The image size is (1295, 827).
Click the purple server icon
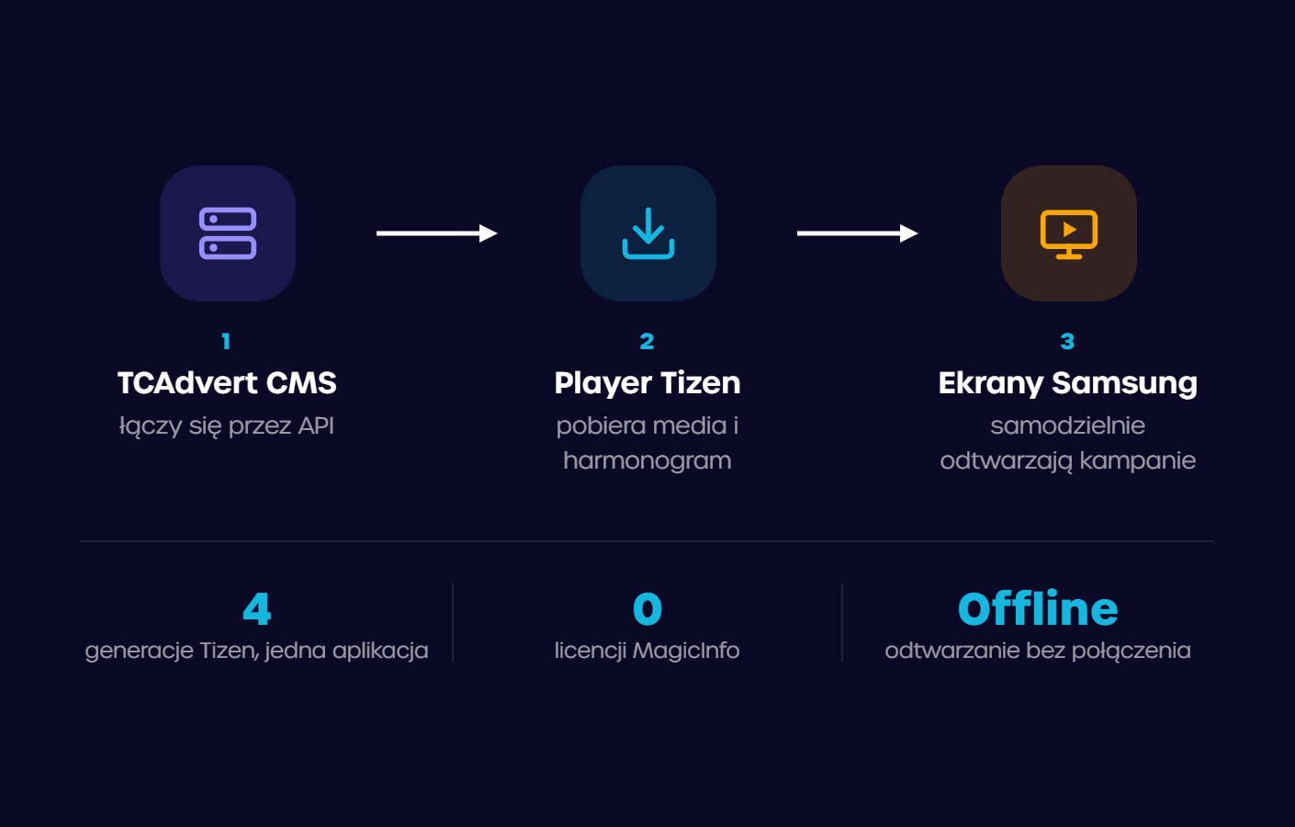click(228, 233)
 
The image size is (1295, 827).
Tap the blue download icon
click(648, 233)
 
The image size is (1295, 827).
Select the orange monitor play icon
click(1069, 233)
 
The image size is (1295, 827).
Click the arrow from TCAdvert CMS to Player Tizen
click(437, 233)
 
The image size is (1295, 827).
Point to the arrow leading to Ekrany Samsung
click(857, 233)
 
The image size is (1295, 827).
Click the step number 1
click(226, 341)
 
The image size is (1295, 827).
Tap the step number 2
click(647, 341)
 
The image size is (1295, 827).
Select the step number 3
click(1068, 341)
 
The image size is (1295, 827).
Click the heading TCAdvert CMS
click(227, 383)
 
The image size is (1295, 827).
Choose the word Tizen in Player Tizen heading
click(701, 383)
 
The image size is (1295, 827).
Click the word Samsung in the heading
click(1124, 384)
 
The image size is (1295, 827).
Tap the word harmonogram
click(647, 461)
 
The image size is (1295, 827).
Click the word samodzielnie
click(1068, 425)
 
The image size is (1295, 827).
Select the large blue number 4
click(256, 609)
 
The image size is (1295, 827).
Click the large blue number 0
click(647, 609)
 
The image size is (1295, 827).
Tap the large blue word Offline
click(1038, 608)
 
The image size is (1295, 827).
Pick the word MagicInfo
click(686, 651)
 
